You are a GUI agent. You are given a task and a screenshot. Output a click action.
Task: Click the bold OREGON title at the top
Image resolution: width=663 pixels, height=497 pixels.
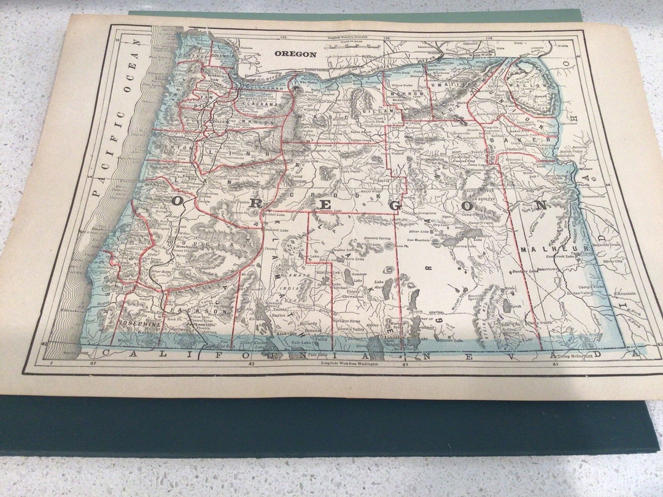295,54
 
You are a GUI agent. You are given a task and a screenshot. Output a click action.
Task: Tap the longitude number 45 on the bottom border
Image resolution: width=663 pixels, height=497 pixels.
252,364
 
